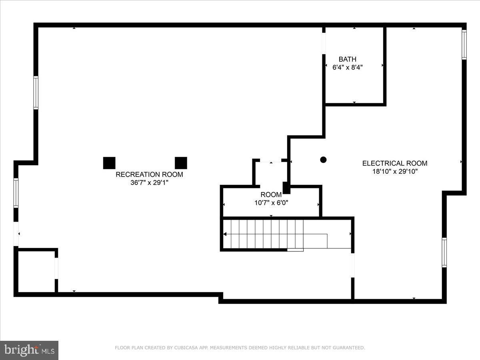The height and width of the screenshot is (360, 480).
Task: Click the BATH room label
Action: pyautogui.click(x=347, y=59)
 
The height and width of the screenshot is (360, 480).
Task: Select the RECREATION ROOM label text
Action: pyautogui.click(x=149, y=174)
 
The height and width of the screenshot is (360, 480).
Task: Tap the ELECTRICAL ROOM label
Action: pyautogui.click(x=394, y=163)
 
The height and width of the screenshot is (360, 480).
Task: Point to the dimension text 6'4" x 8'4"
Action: pyautogui.click(x=347, y=68)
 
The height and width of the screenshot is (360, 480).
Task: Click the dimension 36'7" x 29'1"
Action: pyautogui.click(x=149, y=183)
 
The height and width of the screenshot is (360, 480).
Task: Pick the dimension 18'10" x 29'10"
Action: pyautogui.click(x=394, y=172)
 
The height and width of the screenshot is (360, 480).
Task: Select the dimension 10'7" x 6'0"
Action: pyautogui.click(x=271, y=203)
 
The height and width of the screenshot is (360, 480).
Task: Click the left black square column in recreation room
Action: pyautogui.click(x=109, y=163)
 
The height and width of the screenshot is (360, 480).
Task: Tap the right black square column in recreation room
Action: pyautogui.click(x=181, y=163)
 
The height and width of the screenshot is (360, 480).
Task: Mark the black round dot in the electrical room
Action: pyautogui.click(x=323, y=160)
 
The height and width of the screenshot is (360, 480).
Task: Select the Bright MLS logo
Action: pyautogui.click(x=29, y=350)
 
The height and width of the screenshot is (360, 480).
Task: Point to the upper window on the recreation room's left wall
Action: pyautogui.click(x=36, y=92)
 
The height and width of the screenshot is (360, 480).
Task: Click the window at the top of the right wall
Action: pyautogui.click(x=464, y=44)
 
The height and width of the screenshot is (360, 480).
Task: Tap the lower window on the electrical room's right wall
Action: pyautogui.click(x=444, y=252)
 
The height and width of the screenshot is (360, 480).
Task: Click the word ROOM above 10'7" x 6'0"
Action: pyautogui.click(x=271, y=195)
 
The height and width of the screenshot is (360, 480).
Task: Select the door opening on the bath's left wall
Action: pyautogui.click(x=324, y=43)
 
